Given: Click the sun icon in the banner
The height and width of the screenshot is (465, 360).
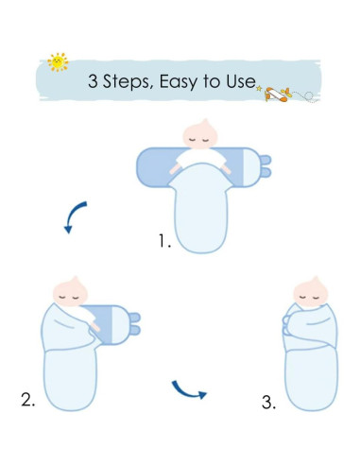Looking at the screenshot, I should click(59, 62).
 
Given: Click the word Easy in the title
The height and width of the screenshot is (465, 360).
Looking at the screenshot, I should click(192, 82).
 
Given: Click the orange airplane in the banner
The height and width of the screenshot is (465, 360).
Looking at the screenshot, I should click(276, 92).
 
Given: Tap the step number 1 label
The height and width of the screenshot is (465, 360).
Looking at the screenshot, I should click(164, 242).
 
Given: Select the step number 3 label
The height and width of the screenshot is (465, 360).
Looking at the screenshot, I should click(269, 403).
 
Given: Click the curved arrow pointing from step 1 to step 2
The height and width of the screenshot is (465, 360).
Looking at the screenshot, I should click(73, 215).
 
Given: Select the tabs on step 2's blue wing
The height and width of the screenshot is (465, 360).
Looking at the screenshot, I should click(133, 324).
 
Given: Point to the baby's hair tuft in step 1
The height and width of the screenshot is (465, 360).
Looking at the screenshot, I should click(197, 121).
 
